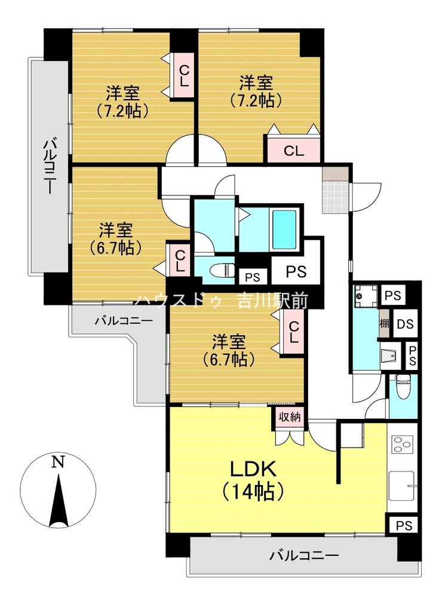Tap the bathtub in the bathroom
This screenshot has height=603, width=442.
click(284, 229)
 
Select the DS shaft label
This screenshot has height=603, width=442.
click(405, 324)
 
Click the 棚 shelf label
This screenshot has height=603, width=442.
click(384, 323)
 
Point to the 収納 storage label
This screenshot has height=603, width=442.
click(290, 417)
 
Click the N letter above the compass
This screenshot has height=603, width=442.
click(58, 461)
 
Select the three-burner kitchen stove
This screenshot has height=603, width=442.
click(402, 445)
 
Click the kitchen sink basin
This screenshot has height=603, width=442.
click(402, 486)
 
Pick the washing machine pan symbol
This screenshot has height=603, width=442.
click(364, 295)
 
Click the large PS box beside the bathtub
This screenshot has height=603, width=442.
click(296, 271)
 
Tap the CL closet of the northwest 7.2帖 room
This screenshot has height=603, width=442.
click(184, 76)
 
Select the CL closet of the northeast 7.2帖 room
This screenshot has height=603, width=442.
click(294, 151)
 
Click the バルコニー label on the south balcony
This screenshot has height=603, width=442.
click(303, 556)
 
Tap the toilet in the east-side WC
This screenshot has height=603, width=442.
click(403, 387)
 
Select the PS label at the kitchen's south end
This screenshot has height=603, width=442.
click(404, 525)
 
